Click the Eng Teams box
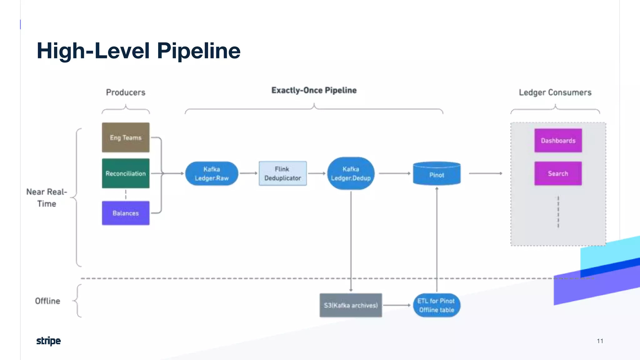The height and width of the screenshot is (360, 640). pyautogui.click(x=126, y=137)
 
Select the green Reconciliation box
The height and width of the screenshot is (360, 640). pyautogui.click(x=126, y=173)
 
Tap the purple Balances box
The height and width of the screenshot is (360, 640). pyautogui.click(x=126, y=213)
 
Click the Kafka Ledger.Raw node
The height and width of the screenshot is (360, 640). pyautogui.click(x=212, y=173)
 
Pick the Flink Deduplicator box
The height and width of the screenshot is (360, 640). pyautogui.click(x=282, y=173)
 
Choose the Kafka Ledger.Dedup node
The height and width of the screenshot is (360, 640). pyautogui.click(x=351, y=173)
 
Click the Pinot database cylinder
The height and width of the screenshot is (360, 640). pyautogui.click(x=437, y=174)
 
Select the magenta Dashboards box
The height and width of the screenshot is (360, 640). pyautogui.click(x=558, y=141)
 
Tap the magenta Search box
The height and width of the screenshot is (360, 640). pyautogui.click(x=558, y=173)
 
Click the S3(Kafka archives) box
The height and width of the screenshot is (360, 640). pyautogui.click(x=351, y=305)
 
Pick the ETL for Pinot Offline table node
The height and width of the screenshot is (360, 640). pyautogui.click(x=437, y=305)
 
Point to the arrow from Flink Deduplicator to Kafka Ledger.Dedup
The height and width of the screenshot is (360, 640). pyautogui.click(x=317, y=173)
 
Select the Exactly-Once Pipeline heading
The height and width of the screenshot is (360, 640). pyautogui.click(x=314, y=90)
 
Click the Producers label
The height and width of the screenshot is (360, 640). pyautogui.click(x=126, y=92)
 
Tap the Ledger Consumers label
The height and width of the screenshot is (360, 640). pyautogui.click(x=555, y=92)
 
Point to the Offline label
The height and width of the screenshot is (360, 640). pyautogui.click(x=47, y=301)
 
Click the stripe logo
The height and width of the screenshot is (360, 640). pyautogui.click(x=48, y=341)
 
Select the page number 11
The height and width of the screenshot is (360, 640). pyautogui.click(x=600, y=341)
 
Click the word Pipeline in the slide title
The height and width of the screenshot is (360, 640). pyautogui.click(x=198, y=51)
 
